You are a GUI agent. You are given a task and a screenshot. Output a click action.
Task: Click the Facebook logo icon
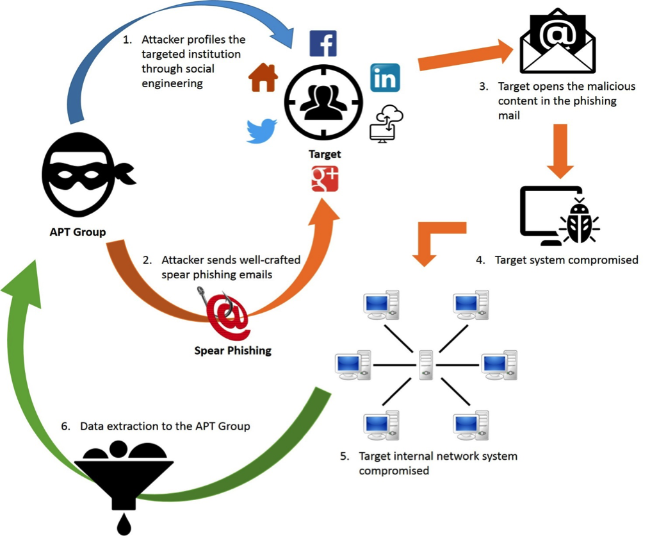(323, 44)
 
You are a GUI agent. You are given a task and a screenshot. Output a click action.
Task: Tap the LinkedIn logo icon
(385, 78)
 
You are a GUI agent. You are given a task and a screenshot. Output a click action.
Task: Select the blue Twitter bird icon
(262, 131)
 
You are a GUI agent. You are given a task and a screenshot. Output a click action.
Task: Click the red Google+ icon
(325, 178)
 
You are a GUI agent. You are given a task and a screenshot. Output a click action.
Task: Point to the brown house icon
(263, 78)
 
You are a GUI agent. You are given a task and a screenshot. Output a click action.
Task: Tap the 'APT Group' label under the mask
(77, 232)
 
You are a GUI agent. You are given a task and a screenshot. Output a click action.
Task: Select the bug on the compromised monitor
(580, 222)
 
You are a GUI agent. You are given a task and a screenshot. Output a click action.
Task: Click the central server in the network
(426, 365)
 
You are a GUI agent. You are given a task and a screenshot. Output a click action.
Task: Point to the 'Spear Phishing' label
(232, 350)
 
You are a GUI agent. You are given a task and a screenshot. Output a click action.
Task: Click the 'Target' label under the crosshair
(325, 154)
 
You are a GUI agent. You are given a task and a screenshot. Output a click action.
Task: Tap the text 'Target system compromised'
(566, 260)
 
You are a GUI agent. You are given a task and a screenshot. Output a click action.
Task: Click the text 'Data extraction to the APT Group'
(165, 426)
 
